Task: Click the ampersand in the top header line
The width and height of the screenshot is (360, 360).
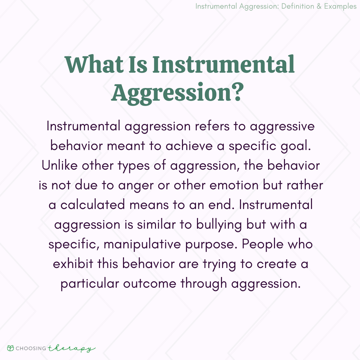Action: click(319, 6)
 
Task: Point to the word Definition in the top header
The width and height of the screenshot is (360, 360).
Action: click(297, 6)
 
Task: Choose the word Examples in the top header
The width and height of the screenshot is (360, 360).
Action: click(340, 6)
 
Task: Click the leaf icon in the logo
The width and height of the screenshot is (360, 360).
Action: click(10, 348)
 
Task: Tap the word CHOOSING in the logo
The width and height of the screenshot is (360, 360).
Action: click(31, 349)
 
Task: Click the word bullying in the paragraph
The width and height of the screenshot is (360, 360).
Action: click(219, 225)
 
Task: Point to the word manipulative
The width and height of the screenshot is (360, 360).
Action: click(142, 244)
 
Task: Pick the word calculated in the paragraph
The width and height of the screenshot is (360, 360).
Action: click(93, 205)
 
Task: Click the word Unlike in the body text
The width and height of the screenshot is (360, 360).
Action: click(60, 166)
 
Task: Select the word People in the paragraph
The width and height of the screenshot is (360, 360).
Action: click(262, 244)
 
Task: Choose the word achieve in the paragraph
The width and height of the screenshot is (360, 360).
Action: click(189, 146)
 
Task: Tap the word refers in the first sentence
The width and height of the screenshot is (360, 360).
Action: click(212, 126)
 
